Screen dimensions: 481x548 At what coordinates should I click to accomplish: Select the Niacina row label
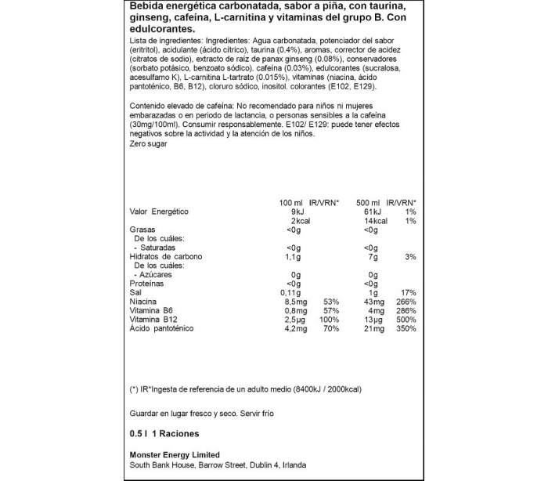click(142, 301)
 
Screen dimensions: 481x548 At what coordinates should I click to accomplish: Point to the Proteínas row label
click(146, 284)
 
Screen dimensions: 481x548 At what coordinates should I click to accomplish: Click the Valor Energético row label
click(159, 212)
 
